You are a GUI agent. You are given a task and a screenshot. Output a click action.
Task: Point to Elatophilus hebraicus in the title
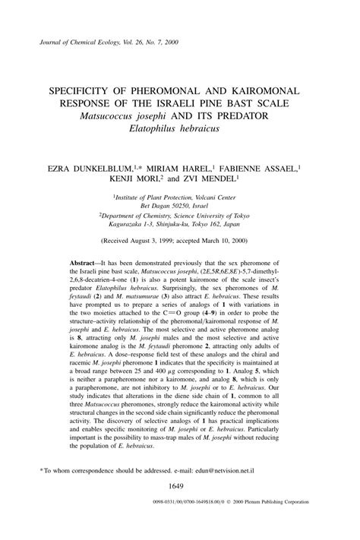[x=180, y=128]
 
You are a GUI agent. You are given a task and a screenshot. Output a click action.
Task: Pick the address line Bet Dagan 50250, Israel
[x=180, y=205]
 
